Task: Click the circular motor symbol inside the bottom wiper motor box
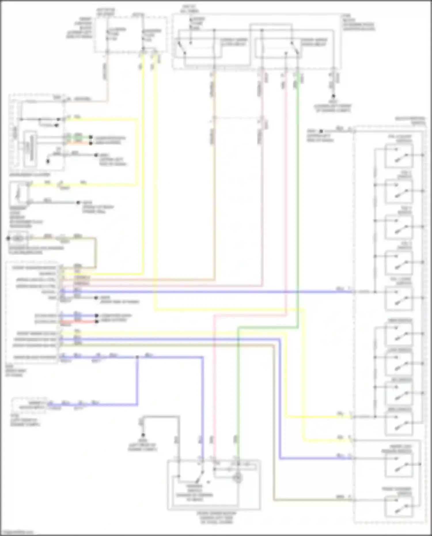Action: [238, 478]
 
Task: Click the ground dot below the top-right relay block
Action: [333, 96]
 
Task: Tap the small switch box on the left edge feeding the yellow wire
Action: [19, 193]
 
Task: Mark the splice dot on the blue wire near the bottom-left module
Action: [137, 357]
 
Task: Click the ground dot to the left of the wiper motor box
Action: [143, 435]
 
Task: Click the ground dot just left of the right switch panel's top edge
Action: [321, 131]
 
